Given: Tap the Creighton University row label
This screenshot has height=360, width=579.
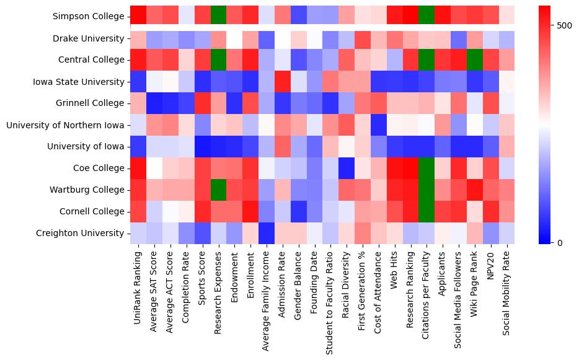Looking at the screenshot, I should tap(80, 234).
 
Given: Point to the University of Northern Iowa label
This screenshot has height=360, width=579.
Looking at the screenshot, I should tap(65, 125).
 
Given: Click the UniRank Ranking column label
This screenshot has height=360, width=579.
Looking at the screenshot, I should tap(138, 282).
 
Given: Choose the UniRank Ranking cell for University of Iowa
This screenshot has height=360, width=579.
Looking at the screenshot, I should tap(138, 147).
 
